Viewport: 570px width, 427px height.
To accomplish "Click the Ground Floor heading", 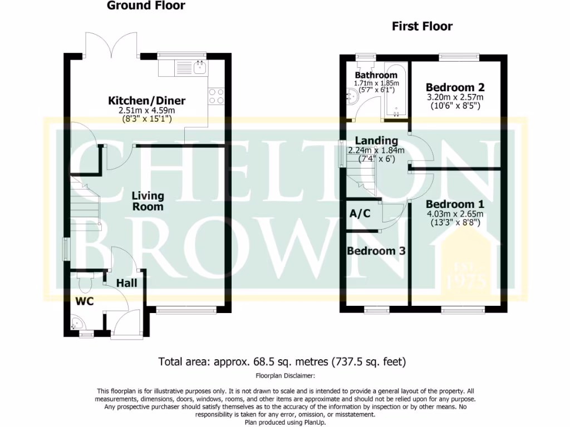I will pyautogui.click(x=146, y=6).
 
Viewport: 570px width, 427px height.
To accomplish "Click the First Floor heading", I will pyautogui.click(x=422, y=26).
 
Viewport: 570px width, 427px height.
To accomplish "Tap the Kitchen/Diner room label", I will pyautogui.click(x=146, y=101).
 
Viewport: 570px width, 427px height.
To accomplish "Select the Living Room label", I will pyautogui.click(x=148, y=201).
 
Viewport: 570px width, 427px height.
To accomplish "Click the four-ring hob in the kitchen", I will pyautogui.click(x=216, y=97).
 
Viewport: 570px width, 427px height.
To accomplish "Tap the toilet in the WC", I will pyautogui.click(x=85, y=284).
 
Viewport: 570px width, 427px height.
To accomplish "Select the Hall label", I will pyautogui.click(x=126, y=284).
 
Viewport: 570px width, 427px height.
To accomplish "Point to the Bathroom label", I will pyautogui.click(x=376, y=75).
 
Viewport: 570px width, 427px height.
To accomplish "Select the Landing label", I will pyautogui.click(x=377, y=141).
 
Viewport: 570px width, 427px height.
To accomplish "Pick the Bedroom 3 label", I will pyautogui.click(x=376, y=251).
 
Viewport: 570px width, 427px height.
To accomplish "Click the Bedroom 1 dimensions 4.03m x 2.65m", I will pyautogui.click(x=455, y=214).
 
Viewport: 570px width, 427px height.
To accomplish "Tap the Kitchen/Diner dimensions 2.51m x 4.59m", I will pyautogui.click(x=146, y=110).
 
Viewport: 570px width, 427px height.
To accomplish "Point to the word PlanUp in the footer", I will pyautogui.click(x=312, y=422).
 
